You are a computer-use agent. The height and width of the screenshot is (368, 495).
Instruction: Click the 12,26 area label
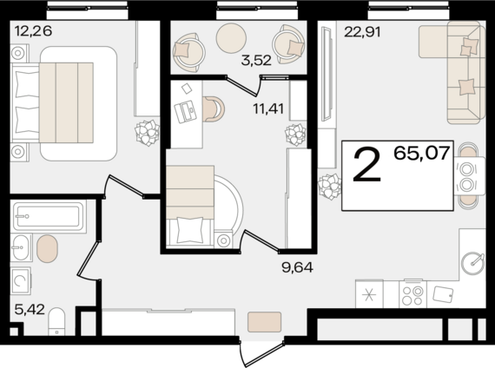pos(33,31)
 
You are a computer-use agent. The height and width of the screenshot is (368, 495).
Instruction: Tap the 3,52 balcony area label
pos(256,60)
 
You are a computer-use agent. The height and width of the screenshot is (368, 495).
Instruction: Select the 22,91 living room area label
pos(362,32)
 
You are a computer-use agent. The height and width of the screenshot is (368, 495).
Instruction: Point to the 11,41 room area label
pos(268,108)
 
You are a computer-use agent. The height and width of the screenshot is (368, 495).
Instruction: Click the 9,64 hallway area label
pos(297,267)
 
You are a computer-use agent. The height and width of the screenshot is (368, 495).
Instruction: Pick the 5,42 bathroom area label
pos(30,309)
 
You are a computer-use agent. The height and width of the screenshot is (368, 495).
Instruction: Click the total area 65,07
pos(422,154)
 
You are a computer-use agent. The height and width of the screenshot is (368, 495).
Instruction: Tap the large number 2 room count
pos(366,166)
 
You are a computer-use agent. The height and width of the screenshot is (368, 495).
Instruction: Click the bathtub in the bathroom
pos(49,216)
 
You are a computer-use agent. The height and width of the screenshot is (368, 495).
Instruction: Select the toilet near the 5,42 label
pos(56,322)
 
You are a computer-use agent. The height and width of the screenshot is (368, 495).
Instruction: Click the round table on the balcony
pos(231,38)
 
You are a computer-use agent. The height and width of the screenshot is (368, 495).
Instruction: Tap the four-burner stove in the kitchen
pos(412,293)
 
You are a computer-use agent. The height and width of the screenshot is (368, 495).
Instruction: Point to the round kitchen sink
pos(472,263)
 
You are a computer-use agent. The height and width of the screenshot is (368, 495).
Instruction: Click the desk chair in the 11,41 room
pos(214,108)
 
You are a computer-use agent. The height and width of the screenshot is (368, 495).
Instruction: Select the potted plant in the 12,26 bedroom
pos(147,133)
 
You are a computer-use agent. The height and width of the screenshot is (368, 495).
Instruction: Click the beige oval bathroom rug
pos(47,249)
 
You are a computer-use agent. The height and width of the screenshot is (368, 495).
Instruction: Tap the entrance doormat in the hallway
pos(265,322)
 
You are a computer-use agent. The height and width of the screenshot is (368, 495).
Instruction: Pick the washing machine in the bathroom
pos(21,281)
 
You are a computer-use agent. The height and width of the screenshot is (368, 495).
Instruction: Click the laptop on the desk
pos(185,111)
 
